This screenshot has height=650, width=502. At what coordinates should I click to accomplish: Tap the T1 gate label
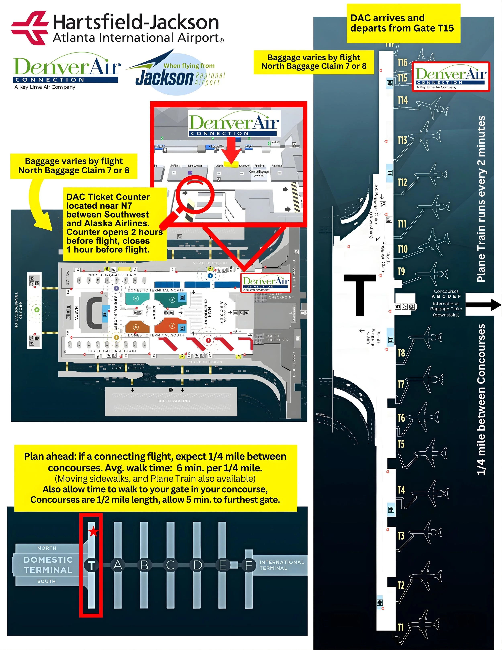click(401, 627)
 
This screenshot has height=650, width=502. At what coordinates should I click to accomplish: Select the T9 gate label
click(401, 271)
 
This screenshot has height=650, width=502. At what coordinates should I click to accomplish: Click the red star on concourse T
click(93, 531)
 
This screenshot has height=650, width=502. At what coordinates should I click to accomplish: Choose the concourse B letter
click(144, 565)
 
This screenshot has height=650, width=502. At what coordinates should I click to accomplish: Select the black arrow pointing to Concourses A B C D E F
click(484, 305)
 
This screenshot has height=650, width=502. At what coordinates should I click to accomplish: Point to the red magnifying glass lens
click(195, 194)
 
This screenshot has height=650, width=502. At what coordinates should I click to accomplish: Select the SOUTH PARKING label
click(173, 401)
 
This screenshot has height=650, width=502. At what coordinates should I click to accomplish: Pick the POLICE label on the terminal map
click(67, 277)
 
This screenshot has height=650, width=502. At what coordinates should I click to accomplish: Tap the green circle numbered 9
click(37, 310)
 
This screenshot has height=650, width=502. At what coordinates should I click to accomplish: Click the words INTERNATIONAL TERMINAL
click(282, 565)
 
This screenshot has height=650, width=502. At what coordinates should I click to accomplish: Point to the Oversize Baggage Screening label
click(259, 174)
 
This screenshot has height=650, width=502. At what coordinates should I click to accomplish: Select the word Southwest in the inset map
click(244, 166)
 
